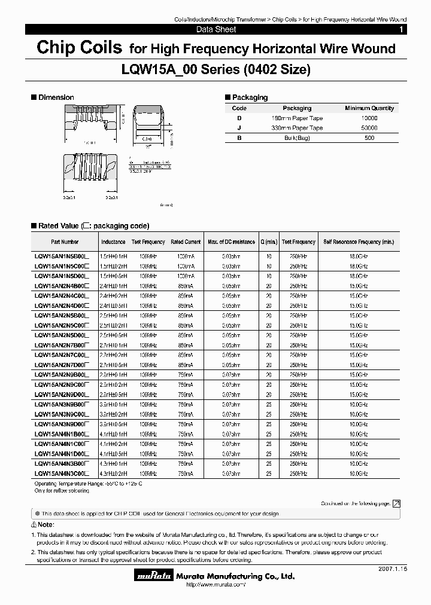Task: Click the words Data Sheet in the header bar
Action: click(x=216, y=29)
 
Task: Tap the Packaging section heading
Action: click(x=250, y=97)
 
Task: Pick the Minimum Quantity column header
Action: click(x=369, y=108)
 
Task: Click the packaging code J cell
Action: click(x=239, y=128)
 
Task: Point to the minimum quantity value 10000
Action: click(x=369, y=118)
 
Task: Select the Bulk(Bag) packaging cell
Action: click(x=297, y=138)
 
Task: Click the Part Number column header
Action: click(x=65, y=242)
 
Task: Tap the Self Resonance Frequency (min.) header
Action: click(x=359, y=242)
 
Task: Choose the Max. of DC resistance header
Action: click(x=231, y=242)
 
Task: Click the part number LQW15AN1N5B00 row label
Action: click(x=62, y=256)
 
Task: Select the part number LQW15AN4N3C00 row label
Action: click(x=62, y=473)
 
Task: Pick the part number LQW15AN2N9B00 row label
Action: click(x=62, y=375)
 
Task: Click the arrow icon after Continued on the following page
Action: click(x=396, y=504)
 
